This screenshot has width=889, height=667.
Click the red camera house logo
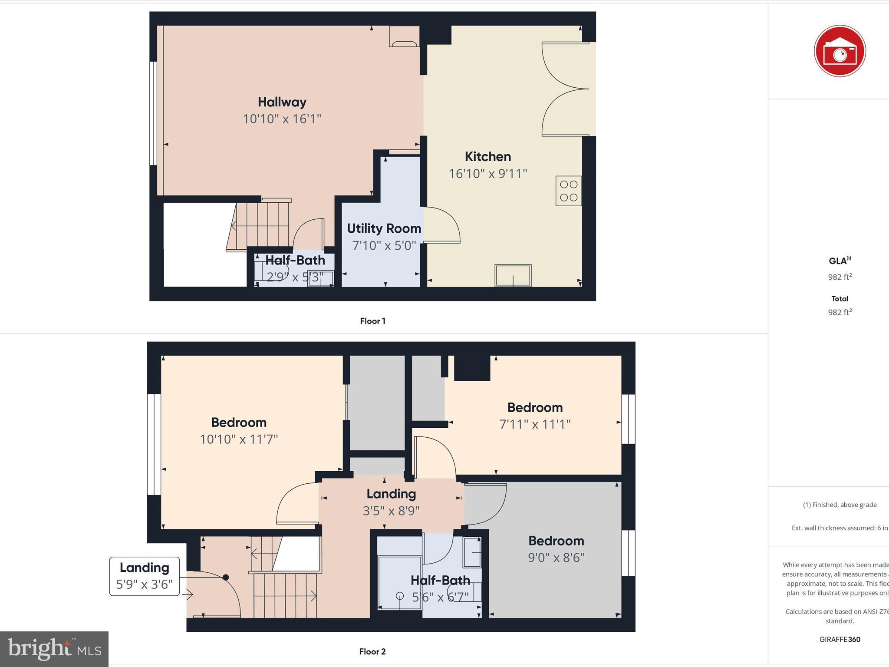840,51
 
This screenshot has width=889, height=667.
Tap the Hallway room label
282,102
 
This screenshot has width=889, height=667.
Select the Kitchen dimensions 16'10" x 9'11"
487,174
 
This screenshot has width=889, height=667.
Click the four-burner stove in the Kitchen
568,191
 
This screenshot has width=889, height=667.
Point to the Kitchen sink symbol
513,275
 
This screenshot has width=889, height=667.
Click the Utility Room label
384,228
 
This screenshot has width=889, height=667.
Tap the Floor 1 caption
372,321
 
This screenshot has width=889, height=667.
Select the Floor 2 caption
372,651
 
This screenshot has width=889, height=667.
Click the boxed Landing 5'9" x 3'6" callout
145,576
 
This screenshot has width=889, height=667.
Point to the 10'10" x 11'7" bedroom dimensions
239,439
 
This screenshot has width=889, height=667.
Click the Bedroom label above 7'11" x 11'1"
535,407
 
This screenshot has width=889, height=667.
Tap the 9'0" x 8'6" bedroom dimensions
556,558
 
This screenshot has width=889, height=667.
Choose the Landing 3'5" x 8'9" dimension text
391,511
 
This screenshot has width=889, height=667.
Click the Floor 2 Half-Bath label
440,580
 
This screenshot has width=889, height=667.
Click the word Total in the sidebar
840,299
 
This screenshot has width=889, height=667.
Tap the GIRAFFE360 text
840,639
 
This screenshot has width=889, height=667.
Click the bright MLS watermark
54,649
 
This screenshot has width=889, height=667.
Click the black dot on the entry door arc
226,577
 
